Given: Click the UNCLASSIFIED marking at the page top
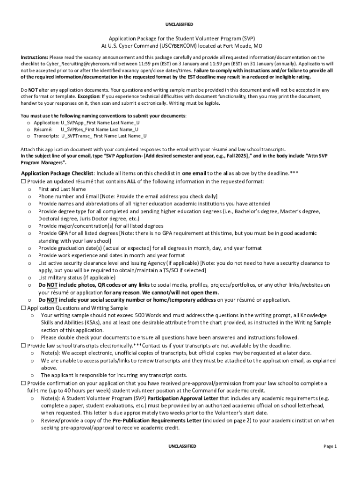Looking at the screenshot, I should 179,24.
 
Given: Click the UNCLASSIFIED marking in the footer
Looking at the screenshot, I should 182,446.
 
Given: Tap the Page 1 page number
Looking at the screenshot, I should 330,446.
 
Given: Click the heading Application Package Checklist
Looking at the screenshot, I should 57,173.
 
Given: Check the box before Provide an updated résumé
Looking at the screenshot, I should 23,181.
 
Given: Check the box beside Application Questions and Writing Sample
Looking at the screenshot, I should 23,308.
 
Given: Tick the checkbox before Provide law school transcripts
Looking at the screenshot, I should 23,345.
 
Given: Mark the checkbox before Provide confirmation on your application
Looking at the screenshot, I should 23,383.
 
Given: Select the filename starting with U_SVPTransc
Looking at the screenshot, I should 104,136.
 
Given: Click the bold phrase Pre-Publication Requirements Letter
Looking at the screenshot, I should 157,421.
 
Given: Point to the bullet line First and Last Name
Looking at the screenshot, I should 62,189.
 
